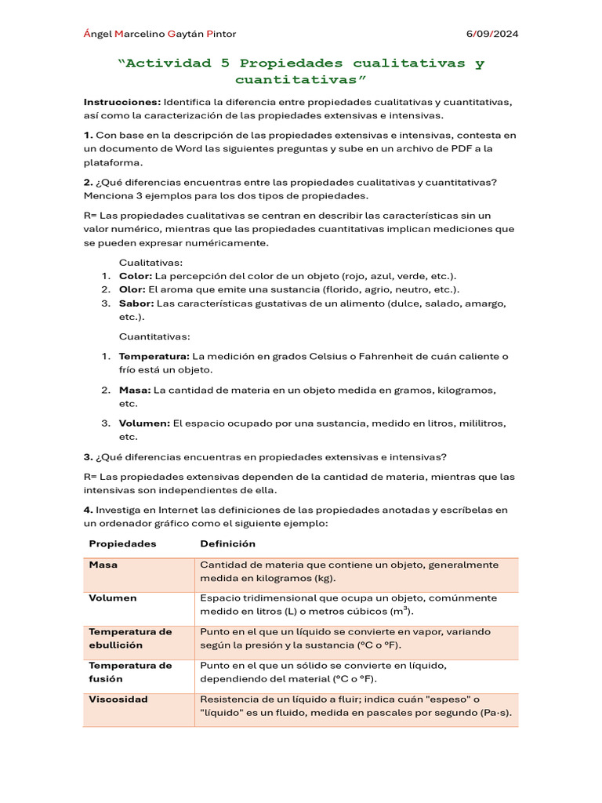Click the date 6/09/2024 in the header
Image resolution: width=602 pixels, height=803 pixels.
click(492, 34)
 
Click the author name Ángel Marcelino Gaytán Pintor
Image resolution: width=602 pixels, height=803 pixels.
click(159, 34)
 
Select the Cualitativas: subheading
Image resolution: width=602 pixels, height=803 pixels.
click(150, 263)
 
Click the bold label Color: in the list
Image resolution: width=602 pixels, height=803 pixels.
click(136, 276)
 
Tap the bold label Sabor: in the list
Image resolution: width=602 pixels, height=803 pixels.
click(136, 303)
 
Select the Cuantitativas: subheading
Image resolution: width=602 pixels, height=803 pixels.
click(154, 336)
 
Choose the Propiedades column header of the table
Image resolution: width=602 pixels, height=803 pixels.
click(122, 543)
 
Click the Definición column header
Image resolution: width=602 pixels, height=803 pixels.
click(227, 543)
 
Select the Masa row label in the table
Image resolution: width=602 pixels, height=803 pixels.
click(103, 565)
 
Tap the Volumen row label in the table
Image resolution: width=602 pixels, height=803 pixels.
click(113, 598)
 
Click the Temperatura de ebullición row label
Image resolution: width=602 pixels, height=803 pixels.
click(130, 638)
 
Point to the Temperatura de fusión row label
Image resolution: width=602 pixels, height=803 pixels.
click(130, 672)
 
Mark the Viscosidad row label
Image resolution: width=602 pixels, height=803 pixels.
click(118, 699)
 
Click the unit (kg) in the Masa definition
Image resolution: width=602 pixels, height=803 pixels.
click(325, 579)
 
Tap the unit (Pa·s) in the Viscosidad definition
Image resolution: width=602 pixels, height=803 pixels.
click(494, 713)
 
